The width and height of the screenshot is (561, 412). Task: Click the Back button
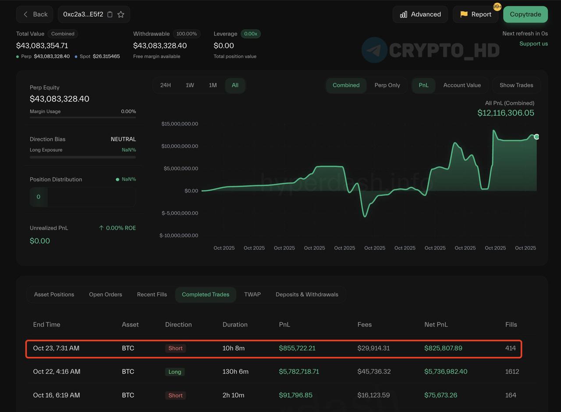[35, 14]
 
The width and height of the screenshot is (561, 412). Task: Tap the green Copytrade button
[525, 14]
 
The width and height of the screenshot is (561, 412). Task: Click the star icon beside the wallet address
[121, 14]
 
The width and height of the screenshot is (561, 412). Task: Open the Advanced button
[420, 14]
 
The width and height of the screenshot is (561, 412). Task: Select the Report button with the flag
[476, 14]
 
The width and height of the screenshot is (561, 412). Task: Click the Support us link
[533, 43]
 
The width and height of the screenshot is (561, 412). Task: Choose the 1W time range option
[190, 85]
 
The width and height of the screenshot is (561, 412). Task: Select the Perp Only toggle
[387, 85]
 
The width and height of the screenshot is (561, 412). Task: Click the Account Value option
[462, 85]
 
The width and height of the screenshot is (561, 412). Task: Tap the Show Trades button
[516, 85]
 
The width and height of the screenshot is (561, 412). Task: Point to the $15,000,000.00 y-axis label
[180, 124]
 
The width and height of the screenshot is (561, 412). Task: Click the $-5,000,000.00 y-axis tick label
[180, 213]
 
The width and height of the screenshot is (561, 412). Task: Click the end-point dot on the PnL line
[536, 137]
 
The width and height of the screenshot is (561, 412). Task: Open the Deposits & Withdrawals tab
[307, 295]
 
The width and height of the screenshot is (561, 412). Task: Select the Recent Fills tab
[152, 295]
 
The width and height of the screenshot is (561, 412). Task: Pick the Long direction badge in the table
[175, 372]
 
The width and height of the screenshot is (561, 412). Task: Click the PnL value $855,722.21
[297, 348]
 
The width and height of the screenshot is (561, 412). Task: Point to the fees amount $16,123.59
[373, 395]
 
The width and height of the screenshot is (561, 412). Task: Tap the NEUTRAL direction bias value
[123, 139]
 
